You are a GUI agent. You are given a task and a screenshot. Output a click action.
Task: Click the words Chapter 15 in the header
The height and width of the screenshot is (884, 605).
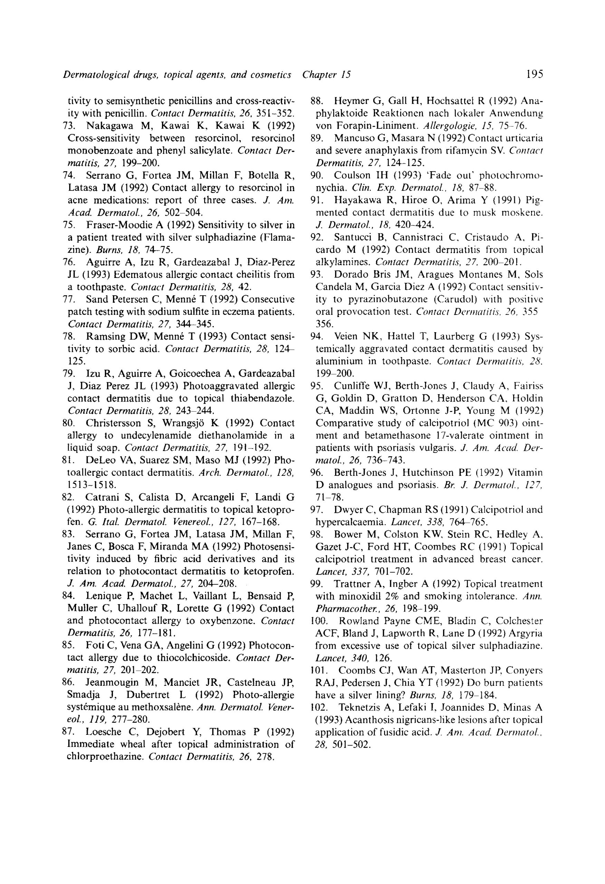[x=326, y=75]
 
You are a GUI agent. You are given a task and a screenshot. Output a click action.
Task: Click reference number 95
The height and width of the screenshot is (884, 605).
[x=317, y=386]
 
